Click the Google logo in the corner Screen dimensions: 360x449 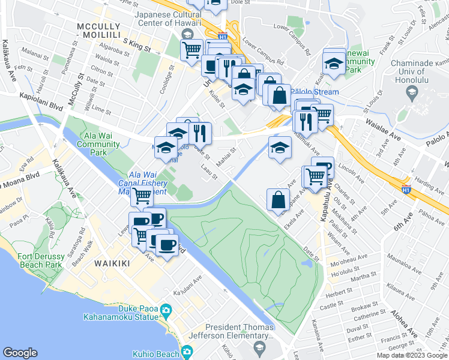point(20,353)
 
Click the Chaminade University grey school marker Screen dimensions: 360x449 point(412,92)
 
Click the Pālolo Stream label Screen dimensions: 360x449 point(313,92)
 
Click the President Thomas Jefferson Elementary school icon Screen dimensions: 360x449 point(259,347)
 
